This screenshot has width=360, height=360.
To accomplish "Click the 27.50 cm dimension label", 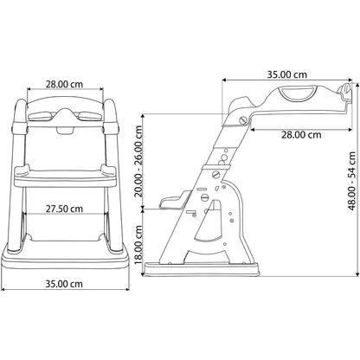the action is click(x=64, y=209).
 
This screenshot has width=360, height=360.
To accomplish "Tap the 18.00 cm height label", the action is click(x=138, y=244).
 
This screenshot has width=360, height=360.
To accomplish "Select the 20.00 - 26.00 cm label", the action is click(x=138, y=161).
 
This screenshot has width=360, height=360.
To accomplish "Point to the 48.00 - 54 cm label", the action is click(x=352, y=181).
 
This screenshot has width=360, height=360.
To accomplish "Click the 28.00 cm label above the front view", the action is click(x=64, y=84).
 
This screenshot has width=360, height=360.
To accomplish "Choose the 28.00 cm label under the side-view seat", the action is click(x=301, y=135).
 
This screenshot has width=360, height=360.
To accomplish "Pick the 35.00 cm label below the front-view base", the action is click(x=64, y=284).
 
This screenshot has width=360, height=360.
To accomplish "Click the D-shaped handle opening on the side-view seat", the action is click(x=299, y=93).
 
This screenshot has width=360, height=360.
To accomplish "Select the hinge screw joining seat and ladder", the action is click(x=244, y=120).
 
